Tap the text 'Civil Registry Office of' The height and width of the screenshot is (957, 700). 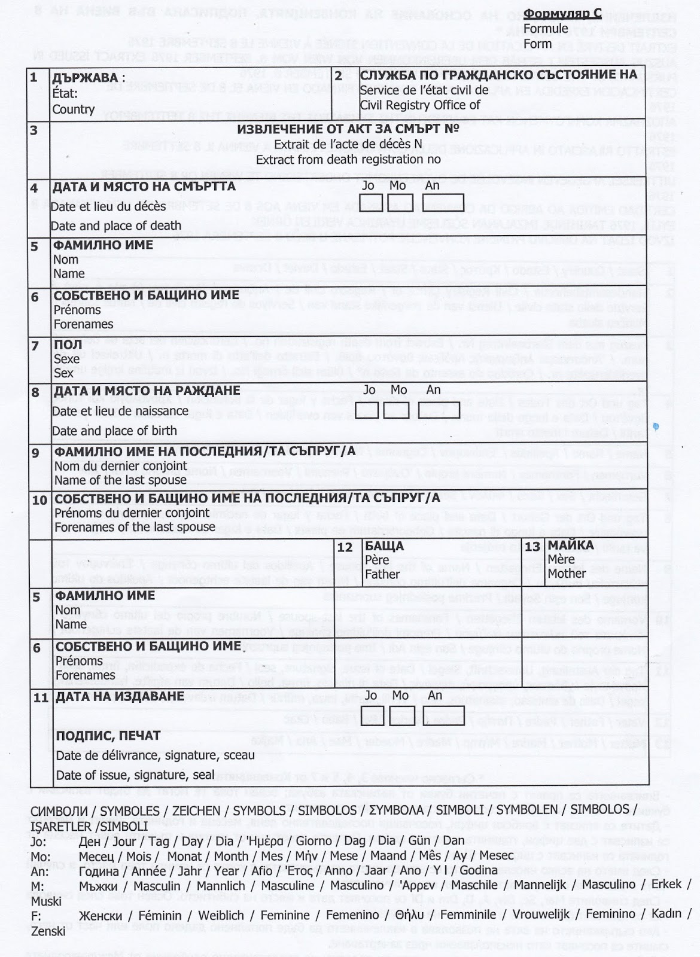420,105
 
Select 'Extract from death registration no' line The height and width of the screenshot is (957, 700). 348,160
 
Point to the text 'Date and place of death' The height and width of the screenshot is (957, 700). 116,225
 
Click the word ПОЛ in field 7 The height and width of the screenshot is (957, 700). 64,345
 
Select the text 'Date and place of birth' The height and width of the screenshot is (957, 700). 114,431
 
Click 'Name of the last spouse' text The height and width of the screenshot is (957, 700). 120,480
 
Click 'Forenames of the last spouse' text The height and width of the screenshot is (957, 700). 135,527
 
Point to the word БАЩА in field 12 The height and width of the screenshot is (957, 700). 384,545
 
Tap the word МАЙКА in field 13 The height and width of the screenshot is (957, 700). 571,545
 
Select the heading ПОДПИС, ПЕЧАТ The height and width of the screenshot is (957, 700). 108,736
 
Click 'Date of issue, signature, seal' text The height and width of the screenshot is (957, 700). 135,775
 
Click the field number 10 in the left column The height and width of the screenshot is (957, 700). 39,499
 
